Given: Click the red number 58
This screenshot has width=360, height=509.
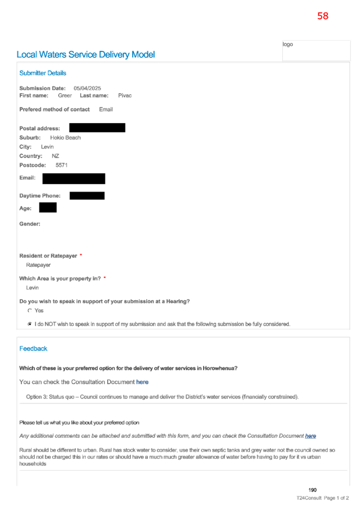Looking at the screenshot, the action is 323,16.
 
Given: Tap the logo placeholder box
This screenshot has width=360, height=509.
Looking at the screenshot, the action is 316,50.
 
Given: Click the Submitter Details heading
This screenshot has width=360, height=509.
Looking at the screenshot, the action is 42,73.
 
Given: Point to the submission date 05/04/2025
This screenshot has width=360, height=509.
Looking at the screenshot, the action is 87,88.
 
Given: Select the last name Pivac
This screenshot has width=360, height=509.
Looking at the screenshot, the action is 125,95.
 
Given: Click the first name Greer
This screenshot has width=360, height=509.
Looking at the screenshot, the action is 64,95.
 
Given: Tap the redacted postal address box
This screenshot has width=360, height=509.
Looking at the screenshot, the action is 97,128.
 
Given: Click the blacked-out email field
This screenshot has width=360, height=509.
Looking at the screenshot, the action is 74,178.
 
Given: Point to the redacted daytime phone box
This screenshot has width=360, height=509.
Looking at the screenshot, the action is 87,195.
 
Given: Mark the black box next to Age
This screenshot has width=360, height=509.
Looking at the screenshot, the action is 48,208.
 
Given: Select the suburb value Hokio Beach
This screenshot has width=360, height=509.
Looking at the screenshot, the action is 65,138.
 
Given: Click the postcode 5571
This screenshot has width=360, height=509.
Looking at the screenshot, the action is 62,165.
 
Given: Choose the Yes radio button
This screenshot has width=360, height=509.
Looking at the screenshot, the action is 30,311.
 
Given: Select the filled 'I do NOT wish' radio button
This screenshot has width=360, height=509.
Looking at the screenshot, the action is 30,324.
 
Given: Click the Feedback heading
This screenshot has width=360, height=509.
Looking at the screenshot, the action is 33,349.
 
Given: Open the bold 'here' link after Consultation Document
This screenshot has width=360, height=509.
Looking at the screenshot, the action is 142,382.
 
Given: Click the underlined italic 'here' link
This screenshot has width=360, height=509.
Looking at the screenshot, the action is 310,436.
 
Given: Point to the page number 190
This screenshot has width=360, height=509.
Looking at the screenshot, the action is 312,490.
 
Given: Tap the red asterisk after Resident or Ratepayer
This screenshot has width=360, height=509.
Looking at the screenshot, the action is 81,255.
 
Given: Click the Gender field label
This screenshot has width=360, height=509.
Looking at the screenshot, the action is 29,224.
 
